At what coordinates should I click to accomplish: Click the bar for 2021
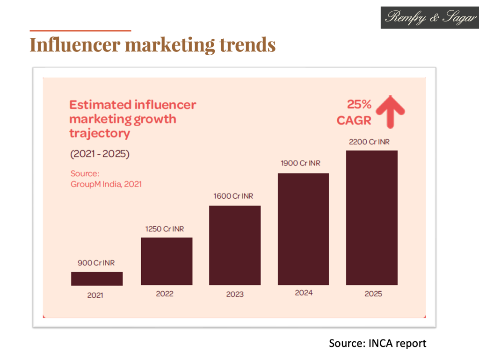coord(97,279)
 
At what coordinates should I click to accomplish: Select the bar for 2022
coord(167,261)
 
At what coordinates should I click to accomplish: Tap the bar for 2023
coord(235,245)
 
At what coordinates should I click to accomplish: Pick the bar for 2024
coord(304,229)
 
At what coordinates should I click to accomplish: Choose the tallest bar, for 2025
coord(372,217)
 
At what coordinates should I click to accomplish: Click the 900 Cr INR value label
coord(96,263)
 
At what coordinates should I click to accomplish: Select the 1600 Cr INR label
coord(233,196)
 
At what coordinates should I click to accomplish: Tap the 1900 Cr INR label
coord(302,163)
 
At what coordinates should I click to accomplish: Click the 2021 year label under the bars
coord(95,295)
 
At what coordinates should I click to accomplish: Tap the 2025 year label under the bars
coord(373,294)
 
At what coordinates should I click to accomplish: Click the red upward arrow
coord(389,111)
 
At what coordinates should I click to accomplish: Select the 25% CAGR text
coord(354,112)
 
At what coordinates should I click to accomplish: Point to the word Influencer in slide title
coord(74,45)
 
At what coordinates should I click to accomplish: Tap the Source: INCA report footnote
coord(377,343)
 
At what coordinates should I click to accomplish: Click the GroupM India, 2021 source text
coord(106,184)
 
